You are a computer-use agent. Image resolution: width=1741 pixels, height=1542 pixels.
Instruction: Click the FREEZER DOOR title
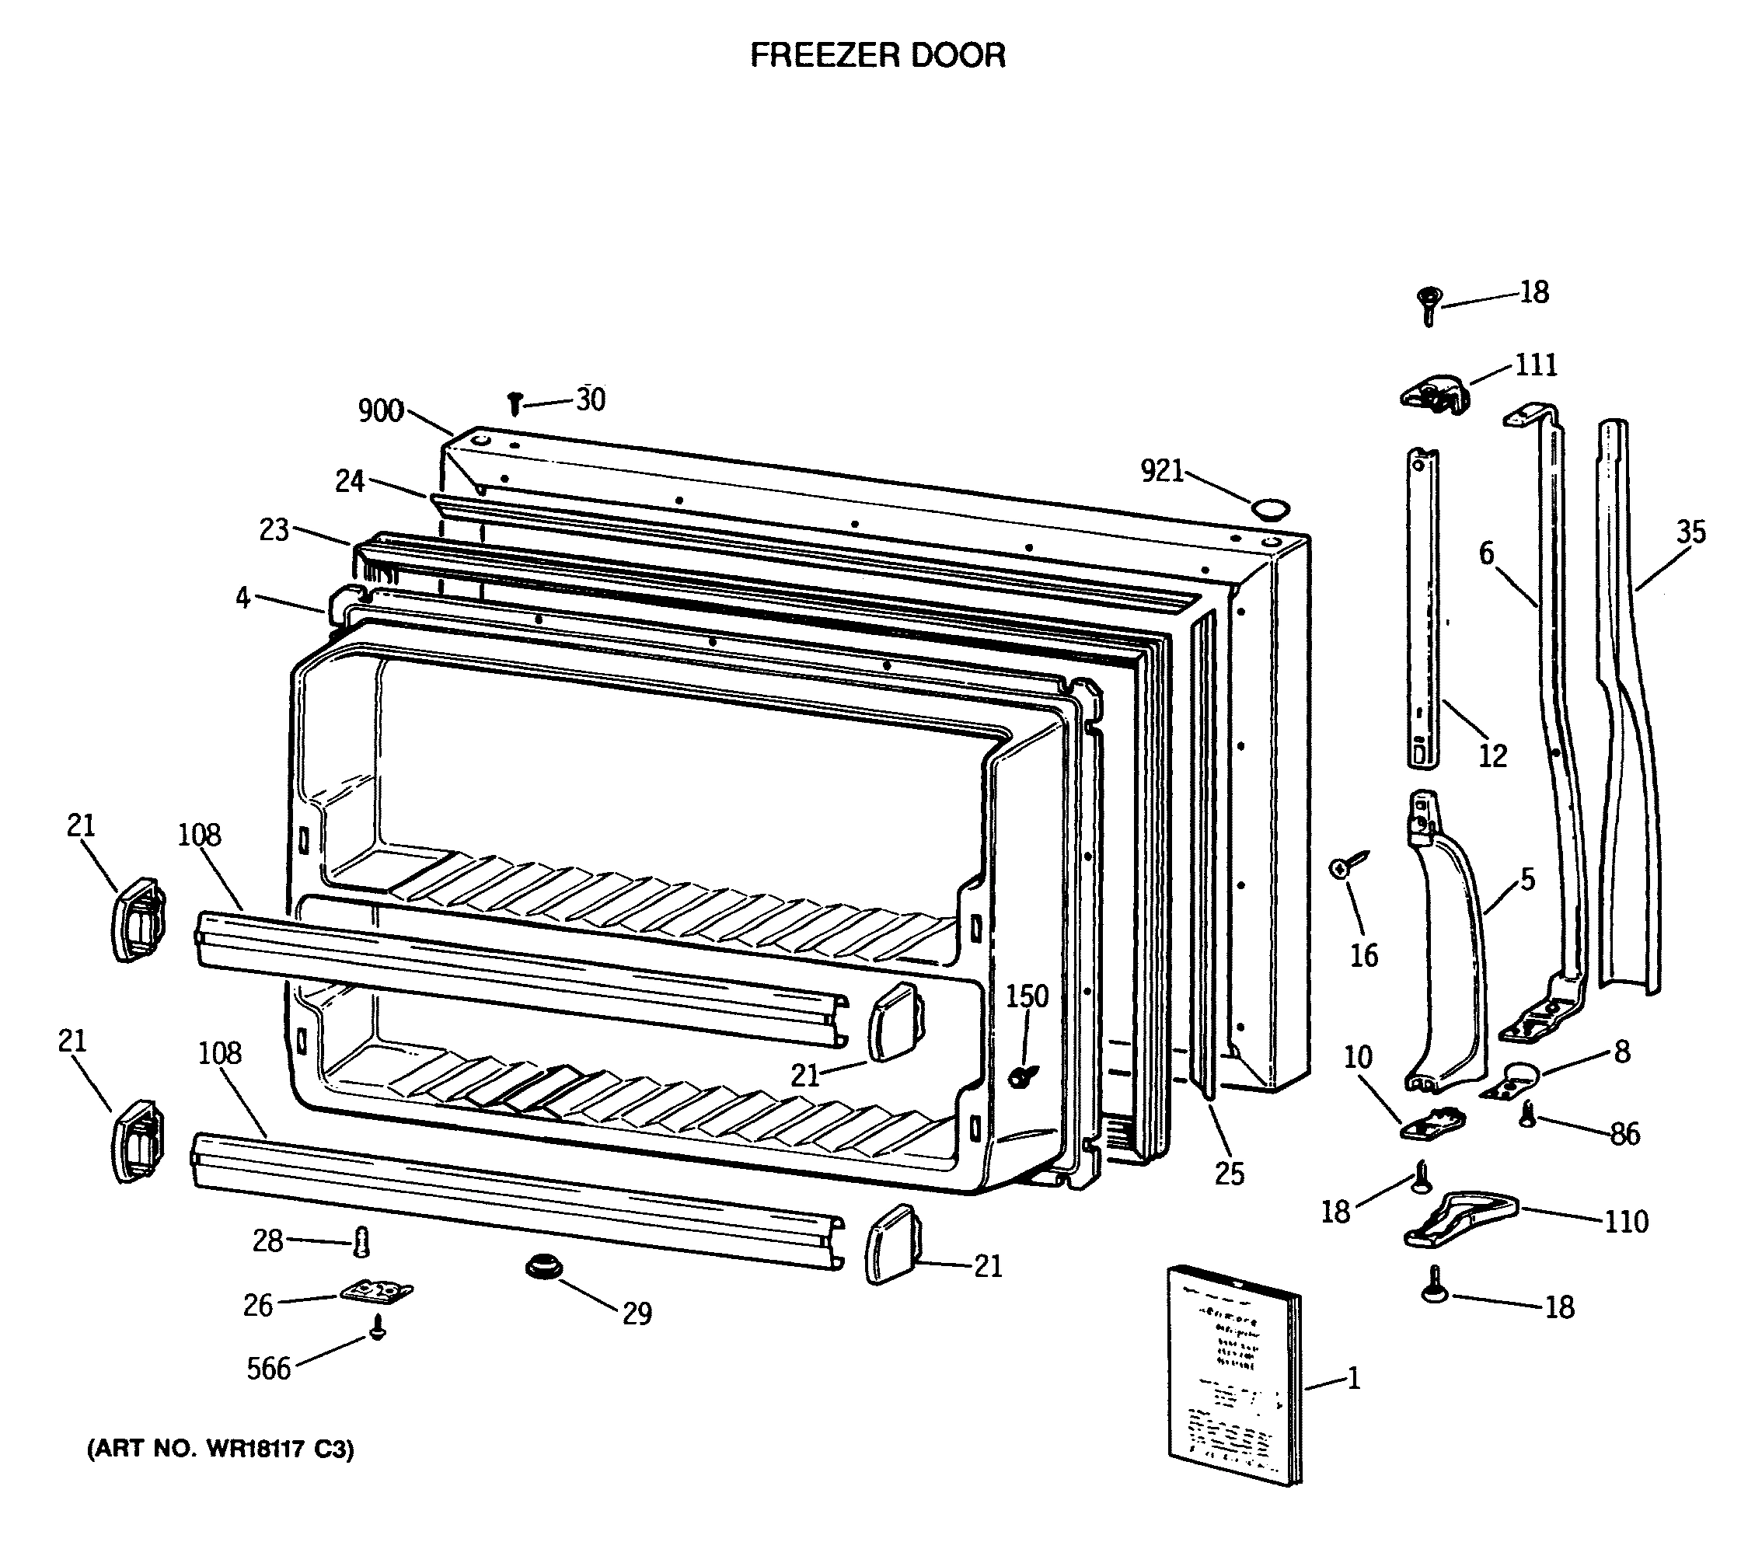tap(877, 55)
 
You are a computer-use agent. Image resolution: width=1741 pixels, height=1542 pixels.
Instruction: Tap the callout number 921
tap(1162, 470)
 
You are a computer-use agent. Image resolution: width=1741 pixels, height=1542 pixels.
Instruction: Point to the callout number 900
tap(381, 410)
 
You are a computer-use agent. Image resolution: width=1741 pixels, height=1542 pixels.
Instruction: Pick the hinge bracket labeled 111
tap(1436, 396)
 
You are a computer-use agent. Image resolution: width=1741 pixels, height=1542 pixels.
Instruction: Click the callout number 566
tap(268, 1369)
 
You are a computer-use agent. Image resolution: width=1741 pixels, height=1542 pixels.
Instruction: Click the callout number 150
tap(1028, 996)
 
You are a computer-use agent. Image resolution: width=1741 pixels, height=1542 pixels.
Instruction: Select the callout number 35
tap(1690, 532)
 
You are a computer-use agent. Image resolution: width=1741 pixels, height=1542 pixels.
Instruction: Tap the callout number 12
tap(1492, 755)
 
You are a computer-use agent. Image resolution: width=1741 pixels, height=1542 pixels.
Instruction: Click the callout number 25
tap(1229, 1174)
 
